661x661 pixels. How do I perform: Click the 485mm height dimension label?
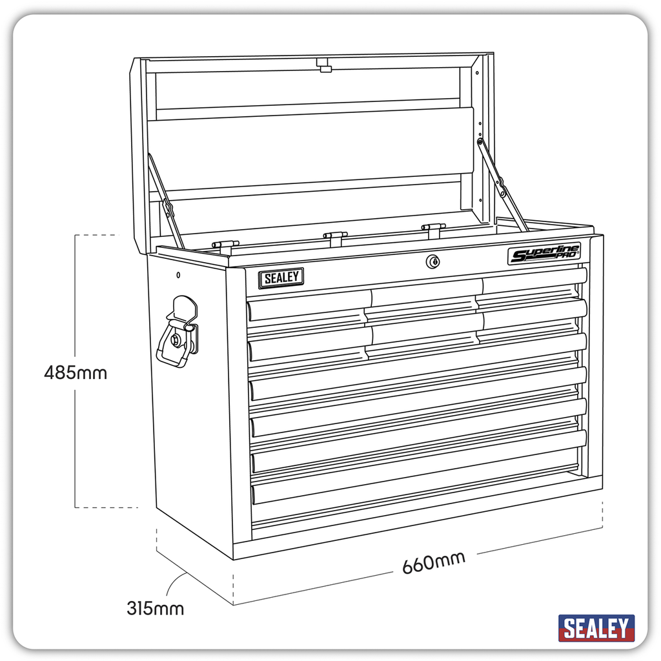[x=76, y=372]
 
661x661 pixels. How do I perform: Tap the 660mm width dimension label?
[x=433, y=562]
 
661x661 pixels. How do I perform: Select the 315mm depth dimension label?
[x=155, y=608]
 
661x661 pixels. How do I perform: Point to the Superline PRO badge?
[x=544, y=253]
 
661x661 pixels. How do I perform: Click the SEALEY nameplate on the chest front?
[x=281, y=278]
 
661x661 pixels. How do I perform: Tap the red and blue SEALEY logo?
[x=596, y=627]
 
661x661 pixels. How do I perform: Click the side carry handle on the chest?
[x=178, y=332]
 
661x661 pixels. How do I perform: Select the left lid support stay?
[x=166, y=201]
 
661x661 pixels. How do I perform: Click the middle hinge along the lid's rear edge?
[x=335, y=236]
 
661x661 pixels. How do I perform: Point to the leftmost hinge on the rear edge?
[x=225, y=244]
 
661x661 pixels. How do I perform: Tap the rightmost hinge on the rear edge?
[x=433, y=227]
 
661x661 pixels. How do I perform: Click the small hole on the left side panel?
[x=177, y=275]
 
